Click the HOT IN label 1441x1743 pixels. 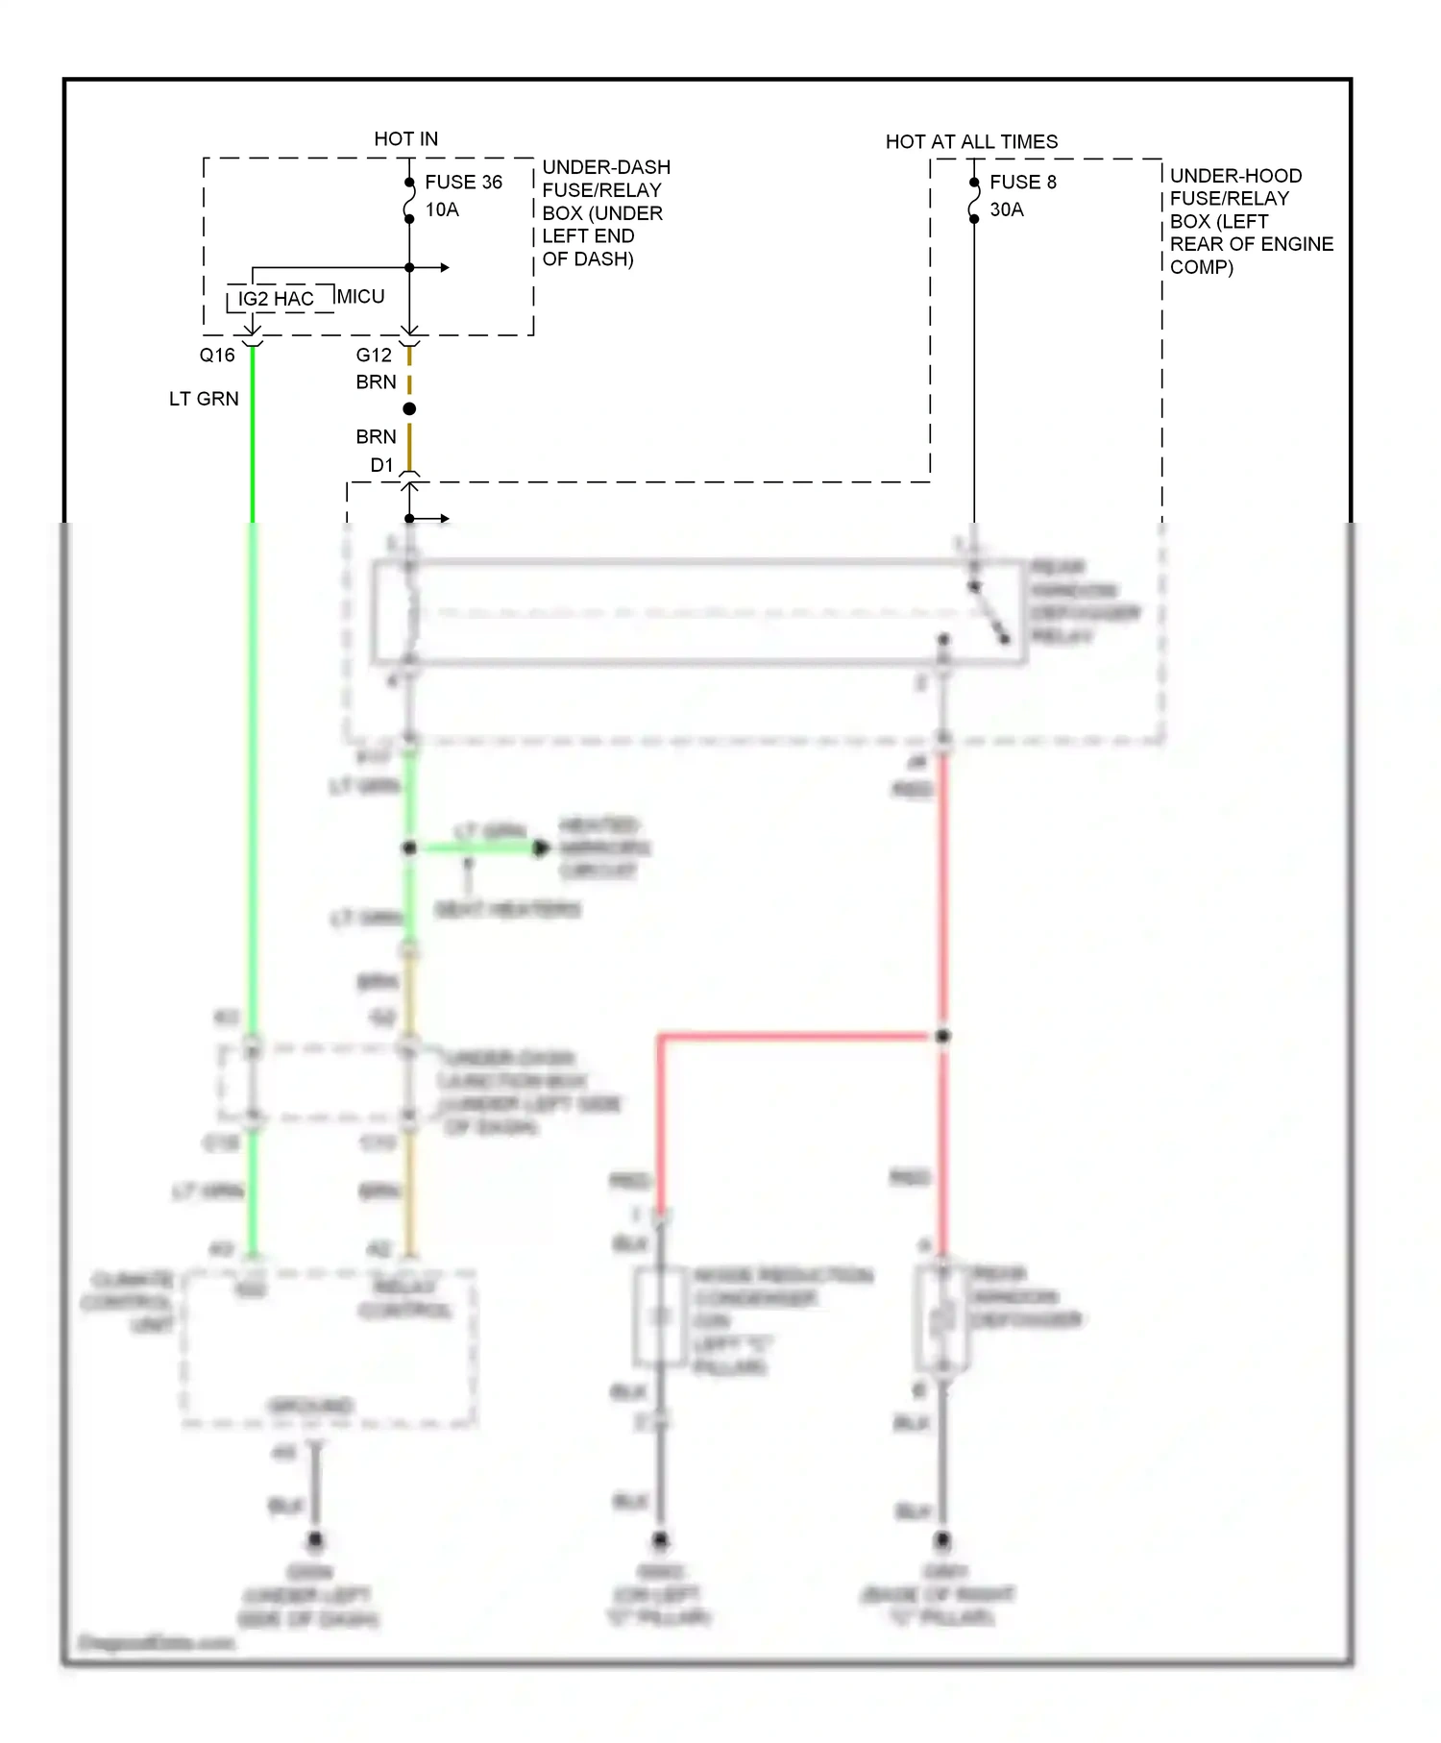click(405, 139)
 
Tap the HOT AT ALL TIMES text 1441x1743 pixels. click(971, 142)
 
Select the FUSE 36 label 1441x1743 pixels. click(463, 183)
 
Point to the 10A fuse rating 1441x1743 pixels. click(442, 210)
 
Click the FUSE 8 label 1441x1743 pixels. click(1023, 183)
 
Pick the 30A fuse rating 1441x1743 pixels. click(1007, 210)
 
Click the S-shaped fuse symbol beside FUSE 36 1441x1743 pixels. click(409, 201)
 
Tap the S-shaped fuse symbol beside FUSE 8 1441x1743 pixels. click(974, 201)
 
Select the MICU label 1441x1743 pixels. click(360, 297)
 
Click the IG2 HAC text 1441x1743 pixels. click(276, 299)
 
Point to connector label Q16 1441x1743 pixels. click(217, 356)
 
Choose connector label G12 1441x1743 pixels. click(374, 356)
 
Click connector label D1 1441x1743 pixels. click(382, 466)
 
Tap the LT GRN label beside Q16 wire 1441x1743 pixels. click(204, 399)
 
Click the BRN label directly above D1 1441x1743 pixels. click(376, 437)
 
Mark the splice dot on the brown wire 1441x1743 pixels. click(409, 409)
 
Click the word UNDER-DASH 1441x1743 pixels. click(606, 167)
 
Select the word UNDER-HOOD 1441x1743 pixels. click(1235, 176)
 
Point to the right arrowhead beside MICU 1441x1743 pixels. click(445, 268)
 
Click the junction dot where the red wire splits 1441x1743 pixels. click(943, 1036)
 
